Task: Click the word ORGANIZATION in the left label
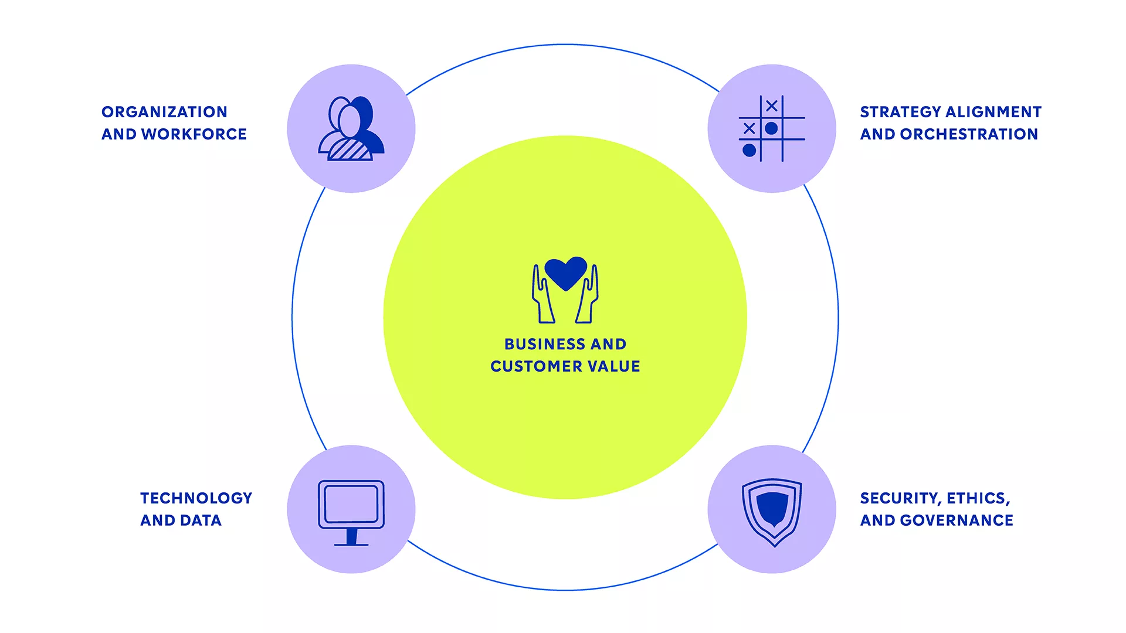164,112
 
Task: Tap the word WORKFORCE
194,134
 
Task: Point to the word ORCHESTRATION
969,134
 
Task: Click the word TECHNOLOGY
196,498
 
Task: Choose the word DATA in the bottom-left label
201,520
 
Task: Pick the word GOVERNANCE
957,520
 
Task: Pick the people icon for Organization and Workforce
351,128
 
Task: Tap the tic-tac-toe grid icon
772,128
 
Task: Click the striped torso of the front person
350,149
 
